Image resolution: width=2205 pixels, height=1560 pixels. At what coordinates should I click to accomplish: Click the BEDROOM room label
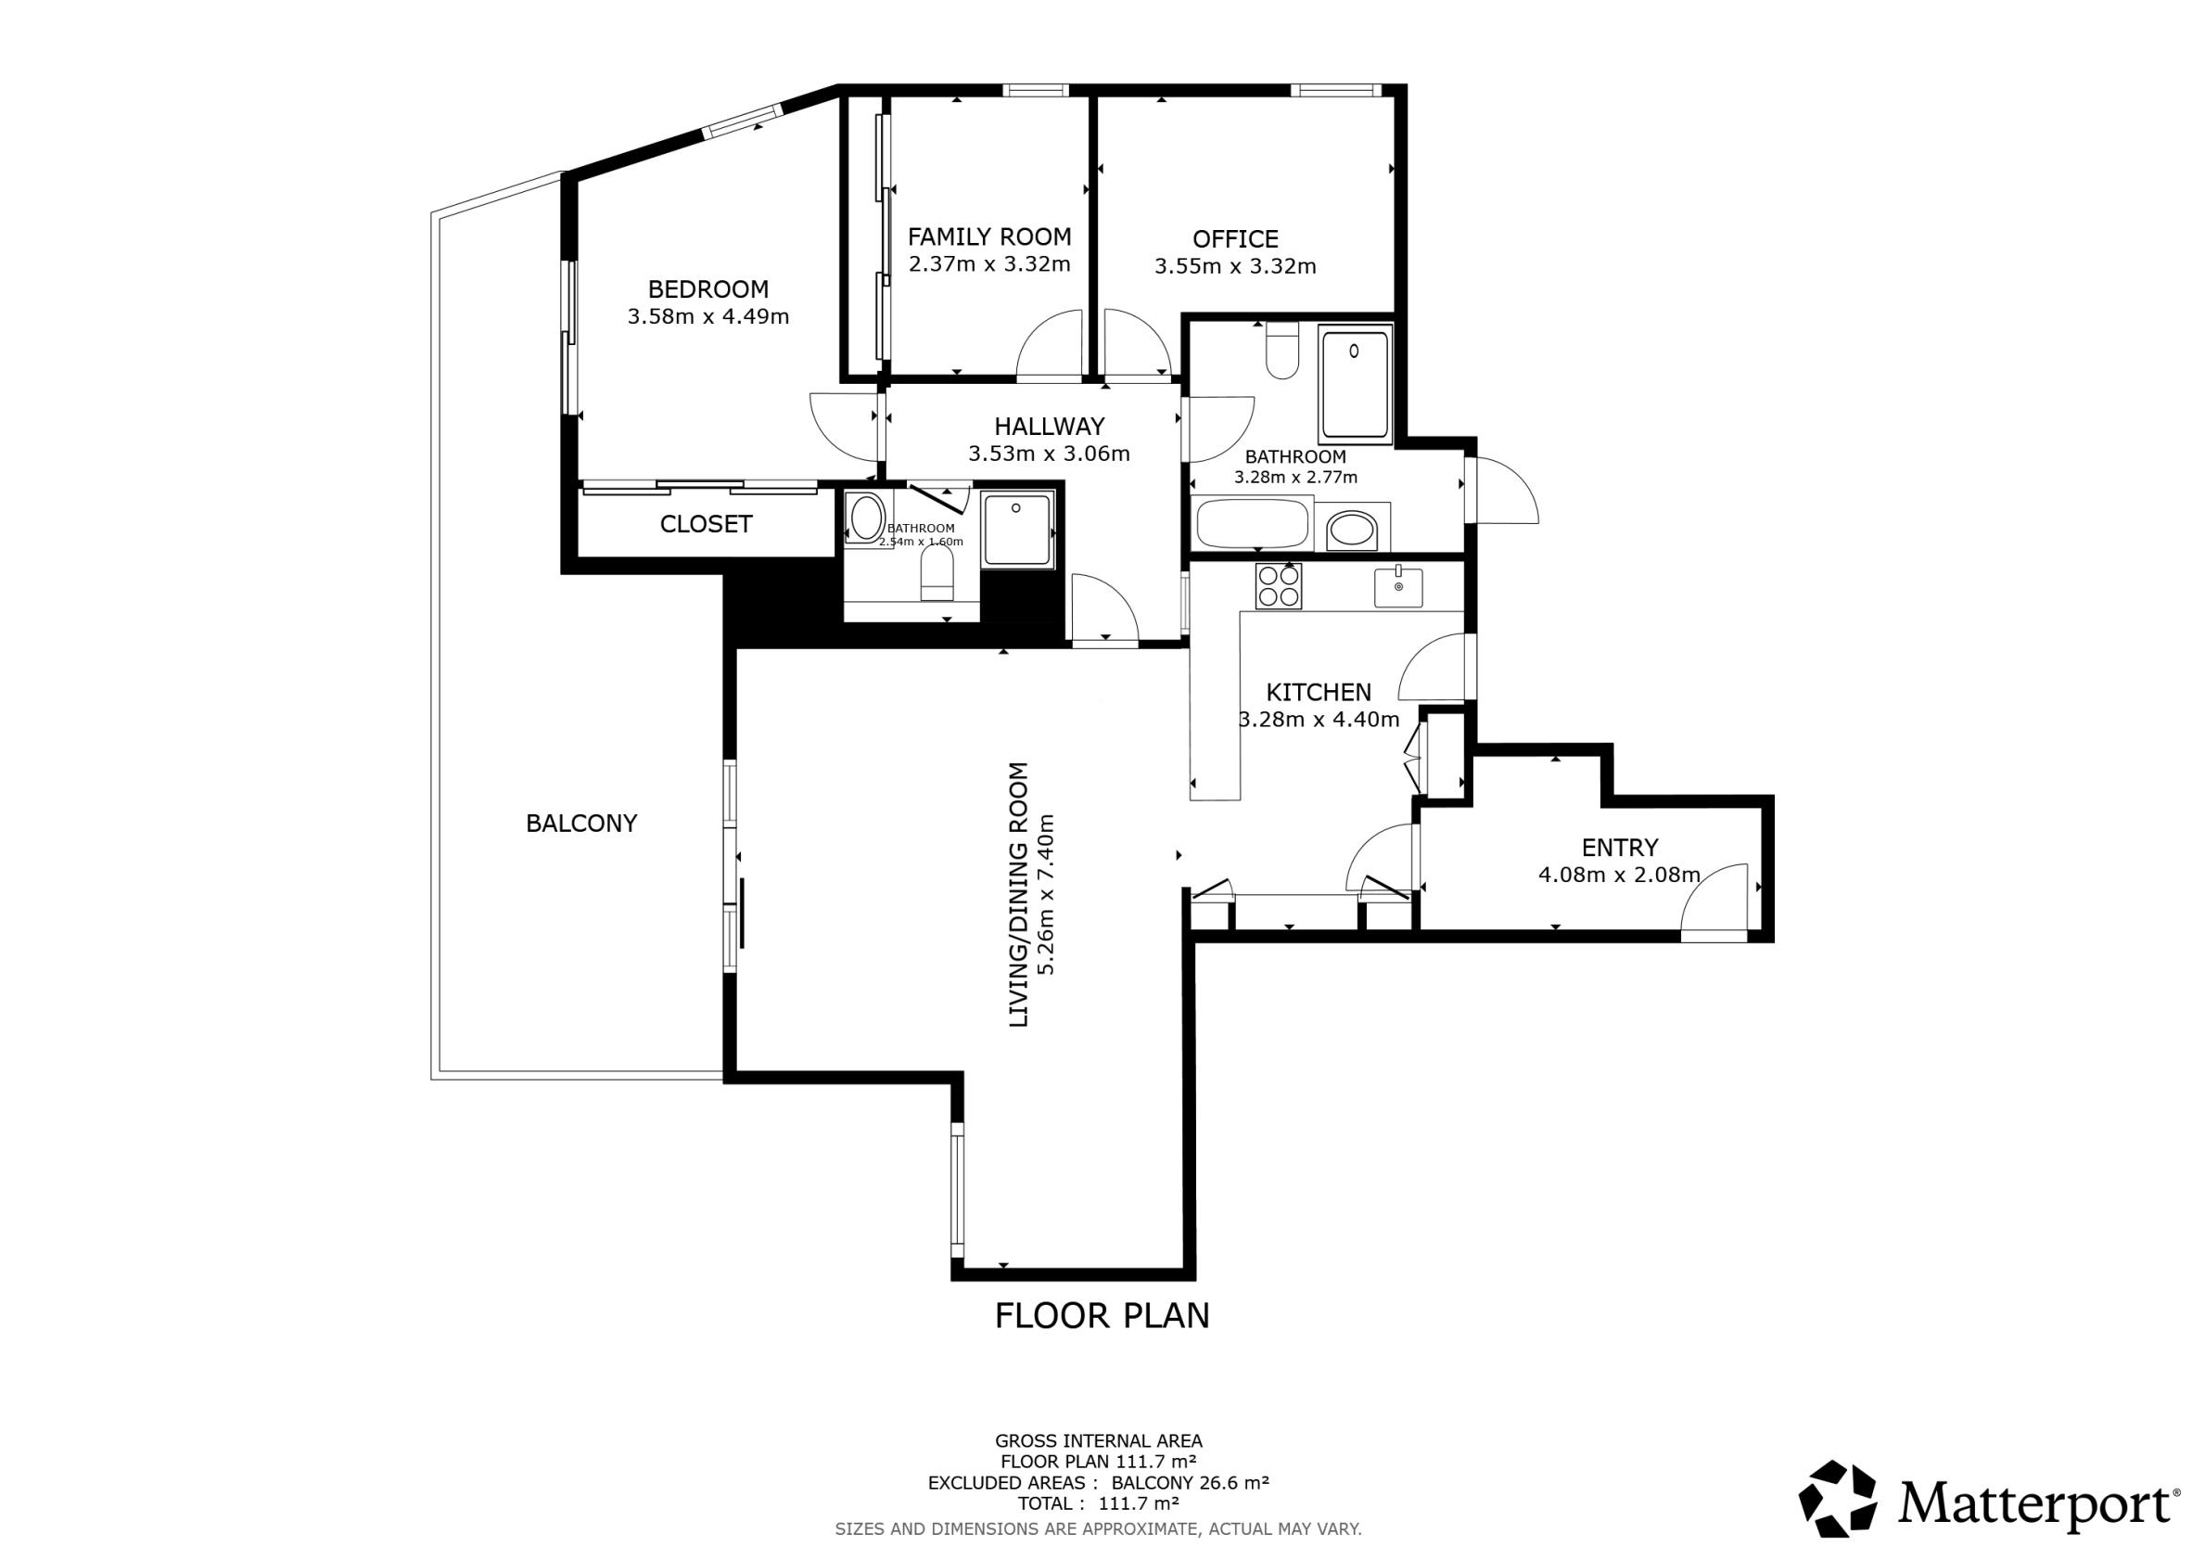pyautogui.click(x=707, y=289)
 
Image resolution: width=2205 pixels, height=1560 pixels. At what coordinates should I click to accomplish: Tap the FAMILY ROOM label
pyautogui.click(x=989, y=237)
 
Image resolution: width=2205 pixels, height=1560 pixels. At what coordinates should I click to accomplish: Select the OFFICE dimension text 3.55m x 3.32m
pyautogui.click(x=1235, y=266)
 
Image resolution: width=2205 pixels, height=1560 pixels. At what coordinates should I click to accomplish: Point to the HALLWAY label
pyautogui.click(x=1049, y=427)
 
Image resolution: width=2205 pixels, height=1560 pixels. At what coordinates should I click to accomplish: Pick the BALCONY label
pyautogui.click(x=581, y=824)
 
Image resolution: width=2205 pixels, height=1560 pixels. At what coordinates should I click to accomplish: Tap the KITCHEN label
pyautogui.click(x=1319, y=693)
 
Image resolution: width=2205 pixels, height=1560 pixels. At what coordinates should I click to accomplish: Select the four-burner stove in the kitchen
pyautogui.click(x=1279, y=586)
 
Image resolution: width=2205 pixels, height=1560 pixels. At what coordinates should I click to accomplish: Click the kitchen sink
pyautogui.click(x=1398, y=587)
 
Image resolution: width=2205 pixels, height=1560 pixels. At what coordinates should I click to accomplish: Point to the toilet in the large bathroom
pyautogui.click(x=1282, y=351)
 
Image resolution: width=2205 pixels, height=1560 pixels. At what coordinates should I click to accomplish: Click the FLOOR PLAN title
pyautogui.click(x=1102, y=1316)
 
